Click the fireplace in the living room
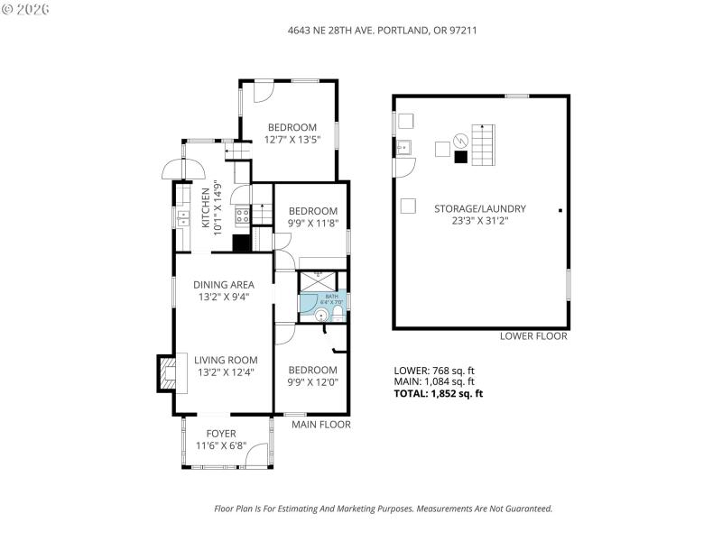(166, 372)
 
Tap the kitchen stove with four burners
(243, 215)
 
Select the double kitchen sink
(182, 217)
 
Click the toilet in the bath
(337, 313)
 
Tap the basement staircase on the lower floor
(486, 145)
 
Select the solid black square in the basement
(461, 156)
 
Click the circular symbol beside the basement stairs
(459, 140)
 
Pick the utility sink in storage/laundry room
(404, 147)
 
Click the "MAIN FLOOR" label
(320, 424)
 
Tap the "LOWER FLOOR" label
(533, 336)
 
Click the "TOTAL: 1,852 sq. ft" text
(439, 393)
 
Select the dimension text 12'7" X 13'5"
(292, 140)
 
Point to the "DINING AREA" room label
(223, 284)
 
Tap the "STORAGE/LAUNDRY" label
(479, 208)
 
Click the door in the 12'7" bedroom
(262, 92)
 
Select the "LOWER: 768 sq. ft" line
(434, 370)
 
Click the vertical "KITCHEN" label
(206, 209)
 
